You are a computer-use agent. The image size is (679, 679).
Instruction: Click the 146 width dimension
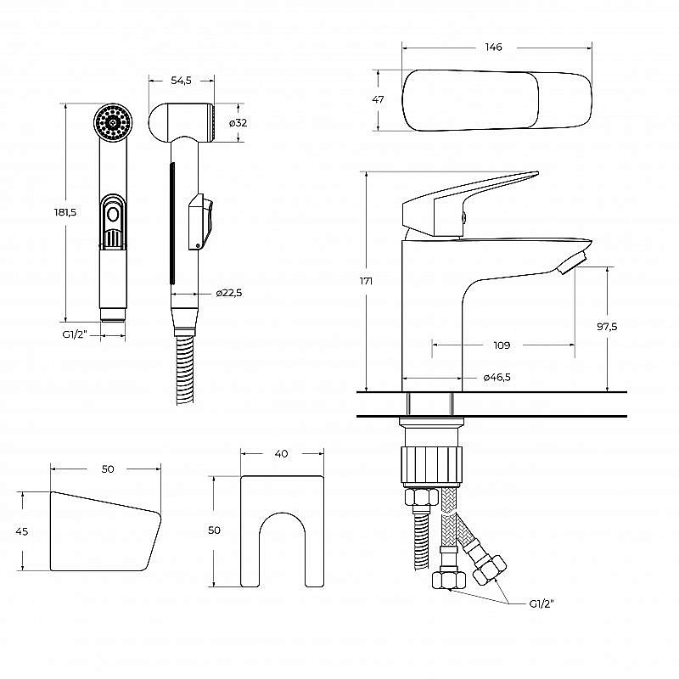pos(494,48)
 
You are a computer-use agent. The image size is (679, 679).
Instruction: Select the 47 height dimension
pos(379,99)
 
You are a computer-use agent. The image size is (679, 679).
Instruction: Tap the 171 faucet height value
pos(366,281)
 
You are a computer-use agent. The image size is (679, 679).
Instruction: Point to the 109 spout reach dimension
pos(502,345)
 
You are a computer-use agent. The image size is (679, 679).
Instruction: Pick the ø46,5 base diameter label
pos(497,378)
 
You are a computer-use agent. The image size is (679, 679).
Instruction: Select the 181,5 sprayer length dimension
pos(66,212)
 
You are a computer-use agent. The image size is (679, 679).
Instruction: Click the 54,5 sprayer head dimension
pos(181,80)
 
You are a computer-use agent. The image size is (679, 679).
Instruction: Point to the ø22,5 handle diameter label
pos(228,293)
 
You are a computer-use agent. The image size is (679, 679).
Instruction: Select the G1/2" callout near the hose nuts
pos(541,603)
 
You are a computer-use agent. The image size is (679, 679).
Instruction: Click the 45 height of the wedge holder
pos(22,531)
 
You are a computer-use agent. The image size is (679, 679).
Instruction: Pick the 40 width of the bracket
pos(281,453)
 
